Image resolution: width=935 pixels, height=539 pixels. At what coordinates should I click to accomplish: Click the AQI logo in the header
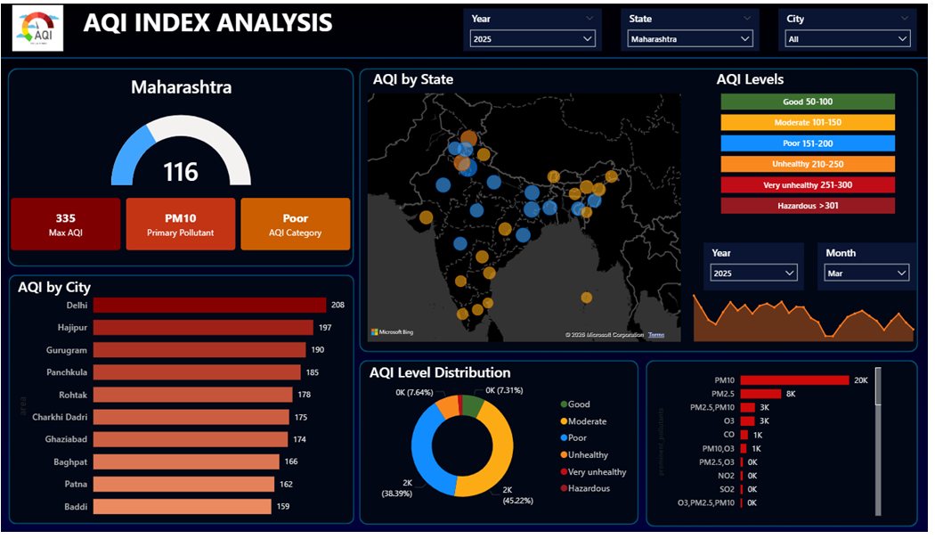click(x=37, y=29)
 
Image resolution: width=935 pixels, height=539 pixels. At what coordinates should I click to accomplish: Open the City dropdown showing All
click(x=847, y=39)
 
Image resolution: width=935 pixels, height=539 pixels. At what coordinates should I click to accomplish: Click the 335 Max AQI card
click(x=65, y=225)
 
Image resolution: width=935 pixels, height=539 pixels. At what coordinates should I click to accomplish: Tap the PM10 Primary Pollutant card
click(x=181, y=225)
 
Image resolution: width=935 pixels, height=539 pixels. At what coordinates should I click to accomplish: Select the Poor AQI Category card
click(x=295, y=225)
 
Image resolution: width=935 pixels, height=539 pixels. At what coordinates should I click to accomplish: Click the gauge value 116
click(x=181, y=171)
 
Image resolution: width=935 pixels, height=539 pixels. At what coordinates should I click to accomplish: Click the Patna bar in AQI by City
click(x=183, y=484)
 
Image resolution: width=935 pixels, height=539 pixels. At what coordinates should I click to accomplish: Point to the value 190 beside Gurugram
click(x=318, y=350)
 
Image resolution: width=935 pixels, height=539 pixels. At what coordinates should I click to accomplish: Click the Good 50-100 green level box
click(x=808, y=102)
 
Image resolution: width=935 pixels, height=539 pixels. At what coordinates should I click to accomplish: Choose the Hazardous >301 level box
click(x=808, y=206)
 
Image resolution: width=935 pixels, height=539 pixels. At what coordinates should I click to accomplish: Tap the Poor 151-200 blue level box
click(x=808, y=143)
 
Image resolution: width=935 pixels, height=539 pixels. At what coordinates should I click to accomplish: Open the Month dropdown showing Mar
click(x=866, y=274)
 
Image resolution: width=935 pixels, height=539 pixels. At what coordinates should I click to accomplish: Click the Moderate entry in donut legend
click(x=587, y=421)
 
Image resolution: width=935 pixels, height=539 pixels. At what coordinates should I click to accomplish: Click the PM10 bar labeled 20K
click(x=793, y=380)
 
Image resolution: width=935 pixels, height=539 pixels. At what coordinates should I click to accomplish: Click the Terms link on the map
click(x=656, y=335)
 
